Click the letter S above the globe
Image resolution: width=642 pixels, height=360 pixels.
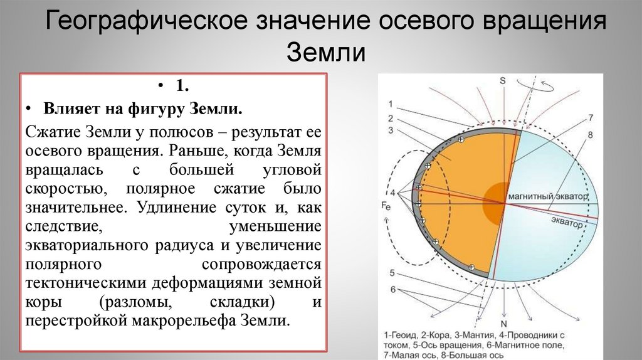tap(502, 80)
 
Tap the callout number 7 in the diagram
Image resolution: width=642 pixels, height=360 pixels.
tap(590, 117)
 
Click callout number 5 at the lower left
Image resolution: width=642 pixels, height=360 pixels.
tap(391, 273)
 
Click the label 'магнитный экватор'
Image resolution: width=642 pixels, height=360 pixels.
tap(549, 196)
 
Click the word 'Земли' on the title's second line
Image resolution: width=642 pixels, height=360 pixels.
tap(326, 52)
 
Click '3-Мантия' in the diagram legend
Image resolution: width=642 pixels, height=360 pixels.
tap(467, 335)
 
